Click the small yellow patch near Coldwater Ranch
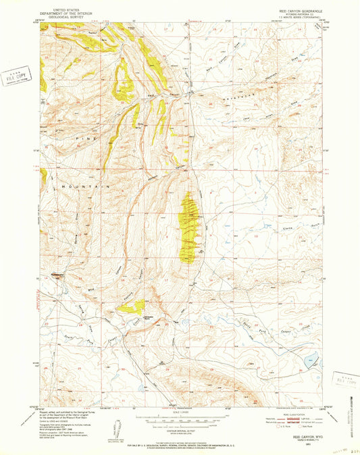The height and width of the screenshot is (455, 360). point(130,308)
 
